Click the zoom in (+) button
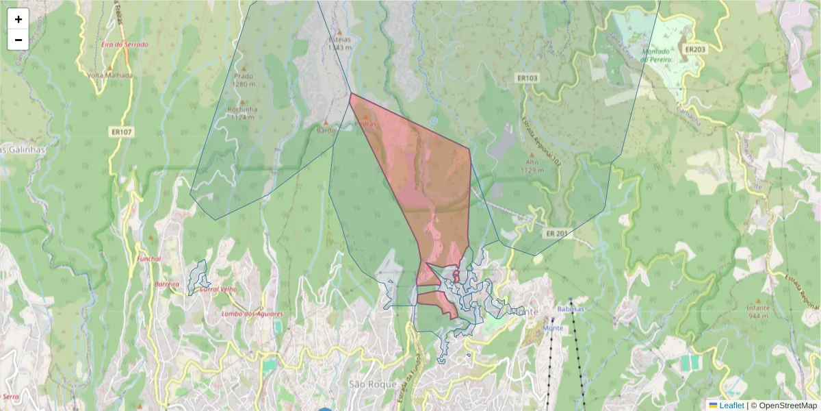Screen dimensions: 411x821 pos(18,19)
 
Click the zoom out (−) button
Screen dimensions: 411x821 pos(18,40)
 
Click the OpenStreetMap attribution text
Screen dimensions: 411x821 pos(787,406)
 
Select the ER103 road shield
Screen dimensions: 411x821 pos(527,78)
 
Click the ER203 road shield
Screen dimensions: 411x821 pos(694,49)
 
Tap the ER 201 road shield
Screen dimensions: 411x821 pos(557,234)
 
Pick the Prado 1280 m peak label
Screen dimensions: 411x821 pos(243,80)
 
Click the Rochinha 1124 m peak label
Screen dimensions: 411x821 pos(243,112)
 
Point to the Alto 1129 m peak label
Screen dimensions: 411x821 pos(531,165)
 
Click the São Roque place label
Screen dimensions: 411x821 pos(373,384)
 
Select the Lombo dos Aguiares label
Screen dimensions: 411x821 pos(252,314)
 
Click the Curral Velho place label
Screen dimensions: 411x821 pos(218,289)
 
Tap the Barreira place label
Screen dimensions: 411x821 pos(167,284)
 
